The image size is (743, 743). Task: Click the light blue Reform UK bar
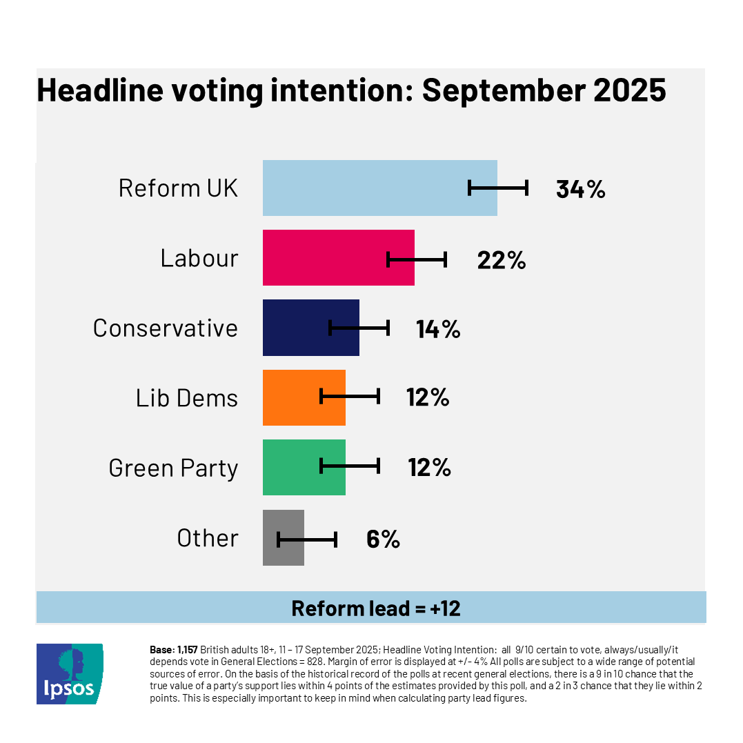click(x=366, y=188)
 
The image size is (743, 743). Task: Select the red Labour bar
click(x=324, y=258)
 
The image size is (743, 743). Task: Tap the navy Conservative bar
click(x=297, y=328)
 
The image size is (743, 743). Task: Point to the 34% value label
click(x=580, y=189)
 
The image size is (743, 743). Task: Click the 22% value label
click(x=502, y=259)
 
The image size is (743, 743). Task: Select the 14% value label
click(x=438, y=329)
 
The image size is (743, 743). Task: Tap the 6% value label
click(x=383, y=539)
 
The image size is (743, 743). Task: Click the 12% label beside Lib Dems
click(x=428, y=397)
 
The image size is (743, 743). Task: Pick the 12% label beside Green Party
click(x=429, y=468)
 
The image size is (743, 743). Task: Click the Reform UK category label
click(x=178, y=188)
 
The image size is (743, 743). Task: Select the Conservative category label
click(x=166, y=328)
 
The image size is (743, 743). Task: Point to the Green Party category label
click(x=173, y=468)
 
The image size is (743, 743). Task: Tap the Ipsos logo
click(x=69, y=673)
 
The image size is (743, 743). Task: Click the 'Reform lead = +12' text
click(x=376, y=608)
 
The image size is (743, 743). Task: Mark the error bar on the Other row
click(x=307, y=539)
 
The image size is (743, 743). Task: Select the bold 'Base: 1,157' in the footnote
click(x=174, y=649)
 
